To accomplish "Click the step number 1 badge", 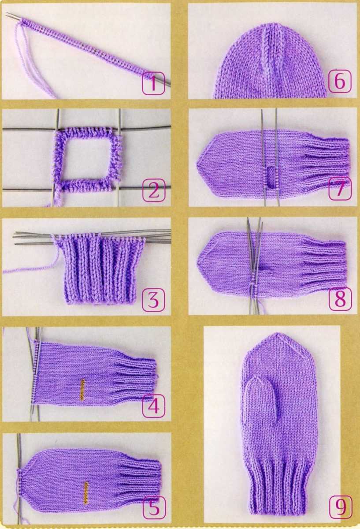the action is [153, 83].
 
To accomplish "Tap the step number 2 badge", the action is [153, 190].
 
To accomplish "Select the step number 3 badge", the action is [153, 299].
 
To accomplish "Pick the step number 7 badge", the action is [340, 189].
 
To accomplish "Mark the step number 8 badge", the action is [340, 298].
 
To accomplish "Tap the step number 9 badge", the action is [340, 507].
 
